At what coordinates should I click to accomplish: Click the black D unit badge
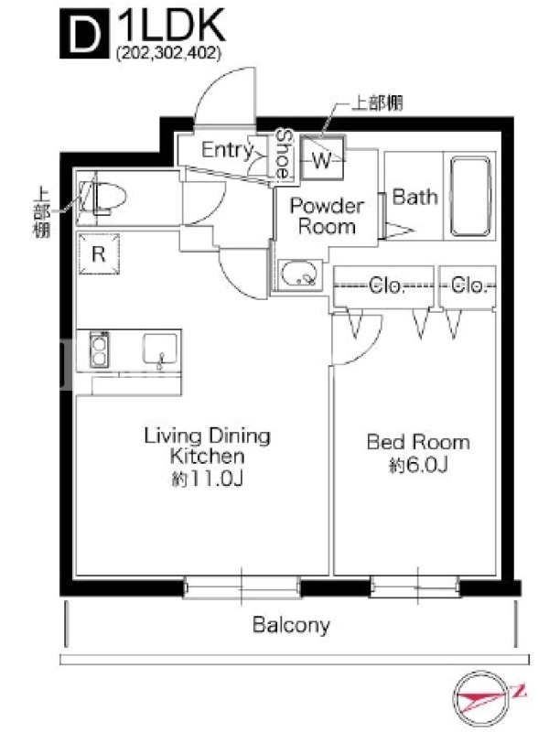pos(84,34)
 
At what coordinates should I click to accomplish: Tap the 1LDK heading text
pos(171,27)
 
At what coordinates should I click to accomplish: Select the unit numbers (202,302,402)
pos(168,53)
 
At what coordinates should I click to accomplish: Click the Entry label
pos(227,150)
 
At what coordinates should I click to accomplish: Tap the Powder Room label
pos(327,216)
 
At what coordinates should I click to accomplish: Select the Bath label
pos(415,197)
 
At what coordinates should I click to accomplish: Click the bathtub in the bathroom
pos(470,196)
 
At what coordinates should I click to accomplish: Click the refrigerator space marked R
pos(99,254)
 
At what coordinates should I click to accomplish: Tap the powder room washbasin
pos(299,275)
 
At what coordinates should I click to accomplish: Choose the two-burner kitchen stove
pos(99,350)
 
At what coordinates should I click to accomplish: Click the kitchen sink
pos(160,349)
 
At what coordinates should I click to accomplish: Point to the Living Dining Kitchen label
pos(208,446)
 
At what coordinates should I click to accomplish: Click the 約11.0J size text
pos(208,479)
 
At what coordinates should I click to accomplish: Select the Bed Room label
pos(418,442)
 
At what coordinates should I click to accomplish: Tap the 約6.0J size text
pos(418,465)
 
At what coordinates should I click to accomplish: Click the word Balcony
pos(291,625)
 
